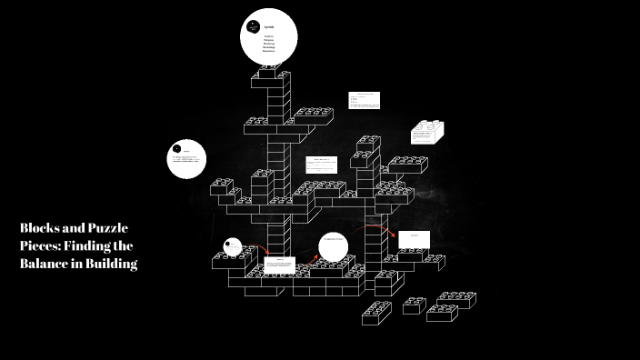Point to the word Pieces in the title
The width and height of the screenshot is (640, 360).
point(41,245)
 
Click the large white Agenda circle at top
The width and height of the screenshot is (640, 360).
point(269,37)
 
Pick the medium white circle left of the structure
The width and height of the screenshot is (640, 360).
point(187,159)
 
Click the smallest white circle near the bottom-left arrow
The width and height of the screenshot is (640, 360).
point(233,246)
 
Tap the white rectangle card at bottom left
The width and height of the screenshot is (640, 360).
point(279,266)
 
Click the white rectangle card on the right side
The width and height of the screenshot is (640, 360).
point(413,239)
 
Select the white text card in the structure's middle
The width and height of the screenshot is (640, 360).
point(322,165)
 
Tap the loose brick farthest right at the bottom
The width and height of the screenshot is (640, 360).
point(457,299)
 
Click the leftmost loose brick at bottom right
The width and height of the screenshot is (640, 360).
point(376,314)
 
